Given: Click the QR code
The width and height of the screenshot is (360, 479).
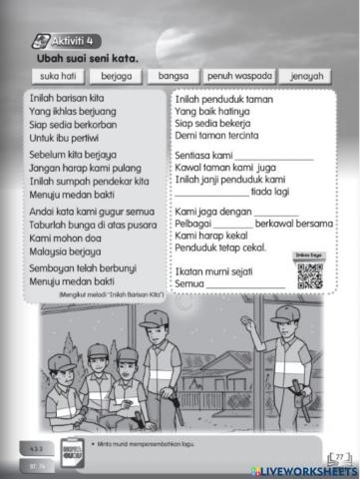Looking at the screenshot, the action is point(310,275).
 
